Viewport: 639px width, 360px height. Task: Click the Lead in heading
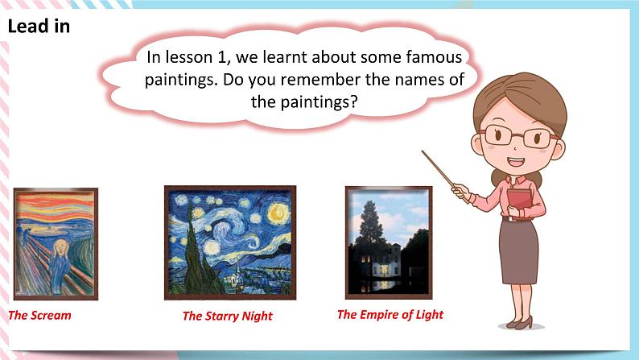39,26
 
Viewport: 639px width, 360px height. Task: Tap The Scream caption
39,315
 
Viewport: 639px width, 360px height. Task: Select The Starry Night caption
228,316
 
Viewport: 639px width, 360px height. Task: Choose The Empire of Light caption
390,315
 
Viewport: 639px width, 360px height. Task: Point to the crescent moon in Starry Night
278,213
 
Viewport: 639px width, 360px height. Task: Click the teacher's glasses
518,138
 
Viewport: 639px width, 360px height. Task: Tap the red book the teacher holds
521,203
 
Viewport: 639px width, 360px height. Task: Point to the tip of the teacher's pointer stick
423,151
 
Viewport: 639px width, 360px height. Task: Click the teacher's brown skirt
519,251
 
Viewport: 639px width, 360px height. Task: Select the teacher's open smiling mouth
516,162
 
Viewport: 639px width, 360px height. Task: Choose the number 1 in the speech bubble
221,57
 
